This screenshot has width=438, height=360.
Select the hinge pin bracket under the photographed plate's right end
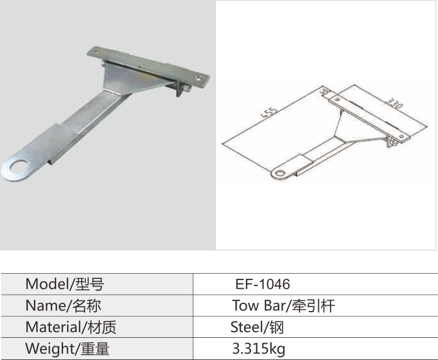182,89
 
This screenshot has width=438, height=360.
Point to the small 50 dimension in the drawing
325,91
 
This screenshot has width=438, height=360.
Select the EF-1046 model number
262,284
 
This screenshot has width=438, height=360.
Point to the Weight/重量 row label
67,349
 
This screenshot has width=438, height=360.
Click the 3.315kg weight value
259,349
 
